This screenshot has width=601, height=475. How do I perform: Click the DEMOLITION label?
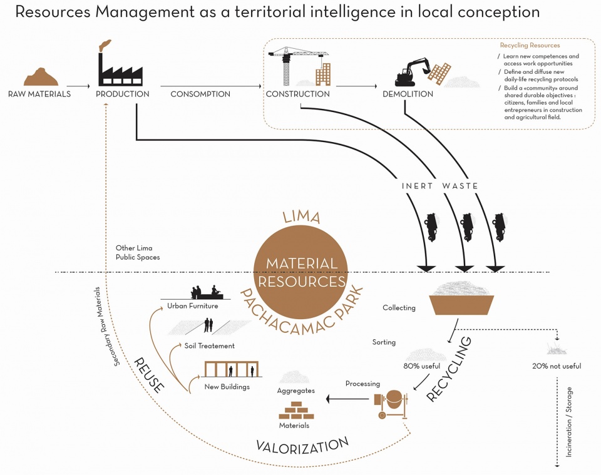[x=408, y=94]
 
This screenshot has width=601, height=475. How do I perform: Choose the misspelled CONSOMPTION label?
[x=200, y=94]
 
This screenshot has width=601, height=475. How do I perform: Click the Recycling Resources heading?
[x=530, y=45]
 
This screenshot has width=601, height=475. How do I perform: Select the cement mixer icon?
[x=391, y=404]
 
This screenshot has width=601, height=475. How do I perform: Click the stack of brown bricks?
[x=296, y=411]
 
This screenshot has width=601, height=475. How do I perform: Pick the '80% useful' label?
[x=421, y=366]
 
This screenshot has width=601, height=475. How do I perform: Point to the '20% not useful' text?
[x=557, y=366]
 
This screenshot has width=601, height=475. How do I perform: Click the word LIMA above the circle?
[x=302, y=217]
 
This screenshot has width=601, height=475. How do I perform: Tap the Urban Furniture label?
[x=192, y=305]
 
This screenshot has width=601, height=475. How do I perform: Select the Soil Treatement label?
[x=209, y=345]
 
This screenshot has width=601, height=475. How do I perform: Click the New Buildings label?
[x=227, y=387]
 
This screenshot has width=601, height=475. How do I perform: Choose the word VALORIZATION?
[x=302, y=446]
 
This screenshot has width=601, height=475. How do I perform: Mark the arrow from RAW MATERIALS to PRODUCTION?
[x=78, y=86]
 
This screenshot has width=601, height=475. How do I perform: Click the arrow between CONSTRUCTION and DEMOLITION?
[x=356, y=86]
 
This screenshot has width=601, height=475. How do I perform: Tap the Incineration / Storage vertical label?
[x=569, y=422]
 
